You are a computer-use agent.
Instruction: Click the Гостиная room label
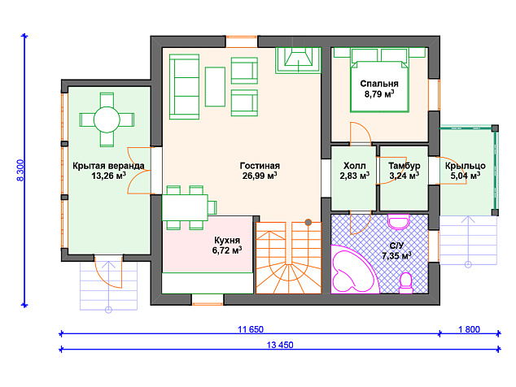point(260,166)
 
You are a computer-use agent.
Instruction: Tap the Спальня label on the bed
point(379,84)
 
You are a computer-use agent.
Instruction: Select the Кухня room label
point(227,240)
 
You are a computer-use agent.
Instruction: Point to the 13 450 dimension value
point(280,345)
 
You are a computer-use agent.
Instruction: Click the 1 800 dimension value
point(470,329)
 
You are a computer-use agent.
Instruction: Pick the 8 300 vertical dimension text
point(20,170)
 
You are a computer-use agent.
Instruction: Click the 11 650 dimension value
point(251,329)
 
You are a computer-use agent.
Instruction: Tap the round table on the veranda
point(107,120)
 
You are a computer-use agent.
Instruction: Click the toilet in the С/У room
point(406,284)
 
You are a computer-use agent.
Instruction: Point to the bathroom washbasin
point(398,222)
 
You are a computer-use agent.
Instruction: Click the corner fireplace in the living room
point(298,60)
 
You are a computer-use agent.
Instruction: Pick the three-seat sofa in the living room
point(184,87)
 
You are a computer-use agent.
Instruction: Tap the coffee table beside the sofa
point(215,87)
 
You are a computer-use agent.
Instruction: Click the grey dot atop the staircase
point(308,222)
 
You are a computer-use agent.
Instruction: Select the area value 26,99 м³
point(260,176)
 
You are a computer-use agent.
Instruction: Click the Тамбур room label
point(404,166)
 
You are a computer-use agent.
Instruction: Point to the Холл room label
point(354,166)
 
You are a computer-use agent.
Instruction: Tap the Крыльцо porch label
point(466,166)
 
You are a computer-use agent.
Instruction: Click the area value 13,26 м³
point(108,176)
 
